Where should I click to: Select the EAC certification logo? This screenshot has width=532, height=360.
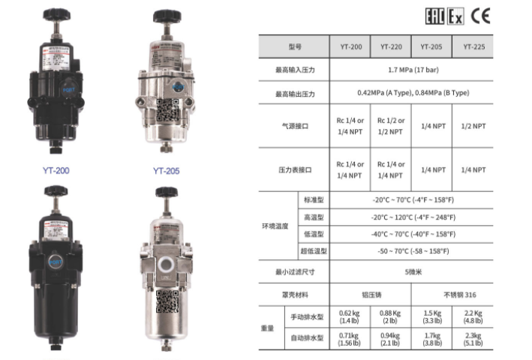pyautogui.click(x=434, y=16)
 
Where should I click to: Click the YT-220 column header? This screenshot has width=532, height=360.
pyautogui.click(x=390, y=46)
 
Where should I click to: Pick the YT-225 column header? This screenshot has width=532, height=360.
pyautogui.click(x=473, y=46)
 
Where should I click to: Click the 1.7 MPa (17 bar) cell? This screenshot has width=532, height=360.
pyautogui.click(x=413, y=70)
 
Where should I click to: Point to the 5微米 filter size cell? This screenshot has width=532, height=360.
pyautogui.click(x=413, y=271)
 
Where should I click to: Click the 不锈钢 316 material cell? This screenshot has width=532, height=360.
pyautogui.click(x=453, y=295)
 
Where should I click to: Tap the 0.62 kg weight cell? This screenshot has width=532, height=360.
pyautogui.click(x=350, y=316)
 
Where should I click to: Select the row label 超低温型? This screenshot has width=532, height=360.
pyautogui.click(x=313, y=251)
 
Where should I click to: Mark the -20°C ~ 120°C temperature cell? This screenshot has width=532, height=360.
pyautogui.click(x=413, y=217)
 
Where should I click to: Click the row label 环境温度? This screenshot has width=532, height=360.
pyautogui.click(x=275, y=225)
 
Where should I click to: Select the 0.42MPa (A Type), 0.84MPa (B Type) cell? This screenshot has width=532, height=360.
pyautogui.click(x=413, y=93)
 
